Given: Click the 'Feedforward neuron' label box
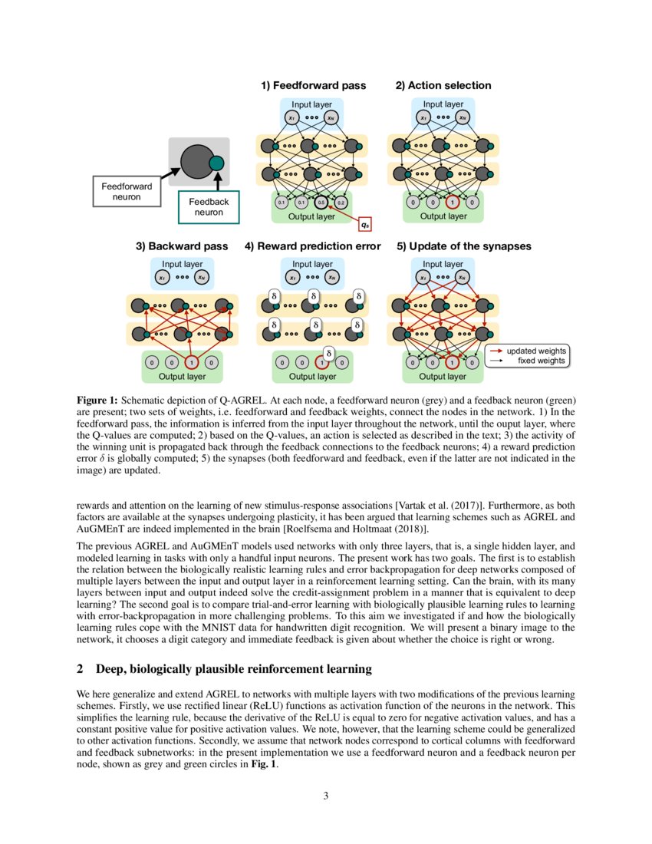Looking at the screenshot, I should click(127, 191).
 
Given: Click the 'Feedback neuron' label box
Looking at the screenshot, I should click(203, 206).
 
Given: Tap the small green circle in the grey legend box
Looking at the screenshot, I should click(216, 163).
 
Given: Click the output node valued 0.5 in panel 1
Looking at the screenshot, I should click(321, 203).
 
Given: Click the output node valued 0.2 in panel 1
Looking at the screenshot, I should click(341, 203).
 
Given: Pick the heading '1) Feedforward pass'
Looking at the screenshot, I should click(314, 85).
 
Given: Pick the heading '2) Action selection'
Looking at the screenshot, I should click(443, 85).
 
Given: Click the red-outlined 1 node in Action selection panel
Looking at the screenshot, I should click(453, 203).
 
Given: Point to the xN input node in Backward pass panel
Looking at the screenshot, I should click(200, 277).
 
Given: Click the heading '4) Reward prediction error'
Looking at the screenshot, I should click(312, 246).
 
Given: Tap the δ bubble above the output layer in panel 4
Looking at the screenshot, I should click(328, 352).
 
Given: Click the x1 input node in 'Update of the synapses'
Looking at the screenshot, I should click(423, 277).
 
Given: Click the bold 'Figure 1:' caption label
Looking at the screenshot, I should click(97, 401).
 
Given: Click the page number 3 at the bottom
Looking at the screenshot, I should click(326, 795).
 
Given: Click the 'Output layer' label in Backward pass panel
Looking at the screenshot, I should click(183, 377).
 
